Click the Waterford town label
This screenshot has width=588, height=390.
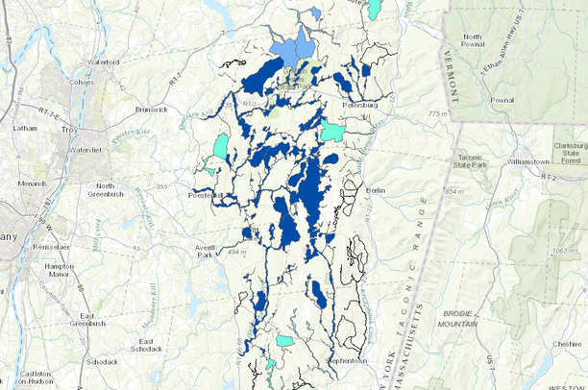103,62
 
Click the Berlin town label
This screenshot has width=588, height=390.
376,191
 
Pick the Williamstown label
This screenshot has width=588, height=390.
527,161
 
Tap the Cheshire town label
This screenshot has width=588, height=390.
565,343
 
